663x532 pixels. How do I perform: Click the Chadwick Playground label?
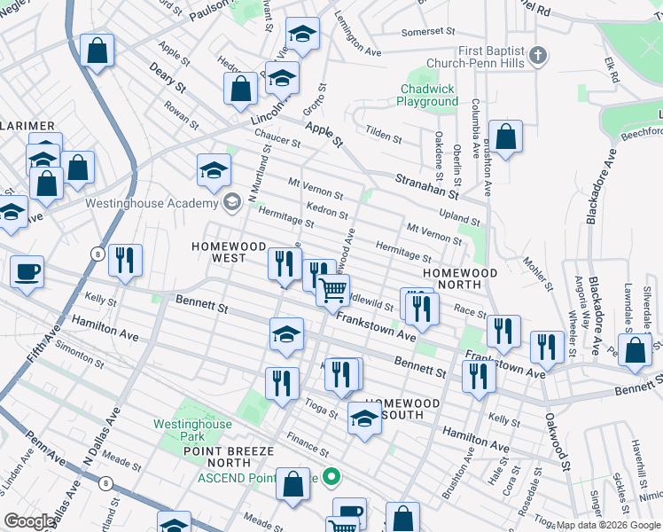[428, 95]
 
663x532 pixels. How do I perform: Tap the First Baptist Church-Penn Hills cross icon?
[538, 58]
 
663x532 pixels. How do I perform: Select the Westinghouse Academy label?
[152, 202]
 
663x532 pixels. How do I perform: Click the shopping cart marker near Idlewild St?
[332, 290]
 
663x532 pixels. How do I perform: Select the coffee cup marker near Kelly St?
[27, 271]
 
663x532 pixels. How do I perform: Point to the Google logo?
[30, 521]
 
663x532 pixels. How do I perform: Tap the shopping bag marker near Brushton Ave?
[505, 137]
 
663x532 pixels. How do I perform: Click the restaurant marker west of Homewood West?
[125, 260]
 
